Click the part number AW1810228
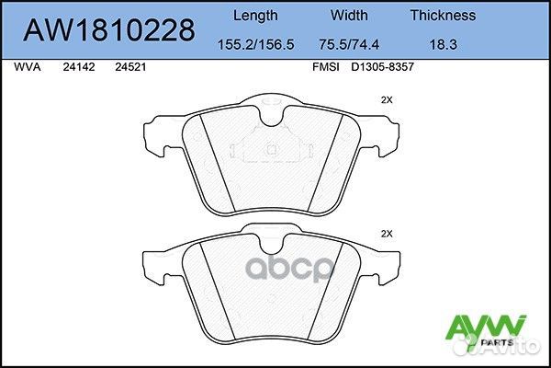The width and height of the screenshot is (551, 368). coord(109,30)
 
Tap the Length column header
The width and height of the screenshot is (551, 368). coord(255,16)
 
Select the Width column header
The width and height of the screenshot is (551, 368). coord(349,15)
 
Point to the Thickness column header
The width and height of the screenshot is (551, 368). coord(443,15)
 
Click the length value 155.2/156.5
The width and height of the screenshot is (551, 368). coord(256,44)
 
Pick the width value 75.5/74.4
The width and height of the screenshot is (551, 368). coord(349,44)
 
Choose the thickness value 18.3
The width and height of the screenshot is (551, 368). coord(444,44)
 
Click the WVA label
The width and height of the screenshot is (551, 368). coord(27,67)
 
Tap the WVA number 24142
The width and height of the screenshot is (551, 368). coord(79,67)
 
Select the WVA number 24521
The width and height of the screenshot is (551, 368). coord(130,67)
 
